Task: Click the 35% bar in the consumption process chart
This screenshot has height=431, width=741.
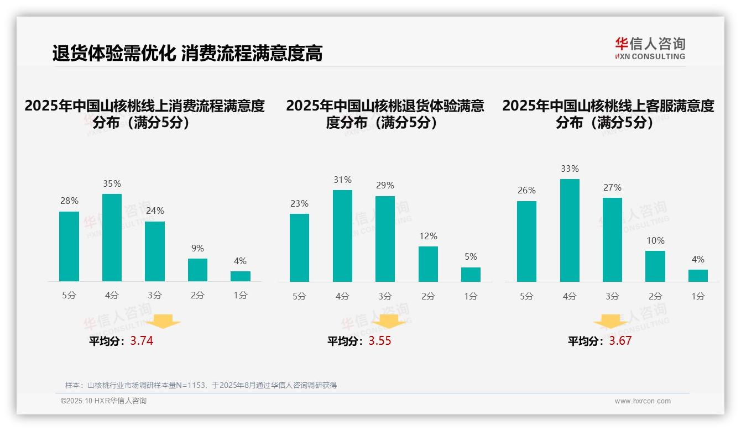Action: click(112, 238)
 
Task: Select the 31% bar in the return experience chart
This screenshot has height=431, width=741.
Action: click(342, 236)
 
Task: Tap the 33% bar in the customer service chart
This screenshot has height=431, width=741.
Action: click(570, 230)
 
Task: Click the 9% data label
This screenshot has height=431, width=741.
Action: click(197, 249)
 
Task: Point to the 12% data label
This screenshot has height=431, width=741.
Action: click(428, 236)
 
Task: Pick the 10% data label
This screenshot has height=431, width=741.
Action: click(655, 241)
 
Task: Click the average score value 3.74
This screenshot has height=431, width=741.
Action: click(142, 341)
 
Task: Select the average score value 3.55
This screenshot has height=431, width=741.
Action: click(380, 341)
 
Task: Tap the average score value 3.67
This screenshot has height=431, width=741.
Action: click(620, 341)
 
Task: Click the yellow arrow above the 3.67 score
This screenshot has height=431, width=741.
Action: click(610, 322)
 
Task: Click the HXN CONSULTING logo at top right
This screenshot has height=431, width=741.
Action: click(650, 49)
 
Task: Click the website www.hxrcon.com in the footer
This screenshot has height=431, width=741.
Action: click(643, 401)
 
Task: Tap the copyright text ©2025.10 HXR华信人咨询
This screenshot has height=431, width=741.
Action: click(103, 401)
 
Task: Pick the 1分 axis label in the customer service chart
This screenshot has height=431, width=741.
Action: click(698, 296)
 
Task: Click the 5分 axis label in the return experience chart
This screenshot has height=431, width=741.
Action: click(299, 296)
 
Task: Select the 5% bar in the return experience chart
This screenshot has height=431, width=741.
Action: click(471, 275)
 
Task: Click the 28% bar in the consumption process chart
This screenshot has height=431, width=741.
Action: click(69, 246)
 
